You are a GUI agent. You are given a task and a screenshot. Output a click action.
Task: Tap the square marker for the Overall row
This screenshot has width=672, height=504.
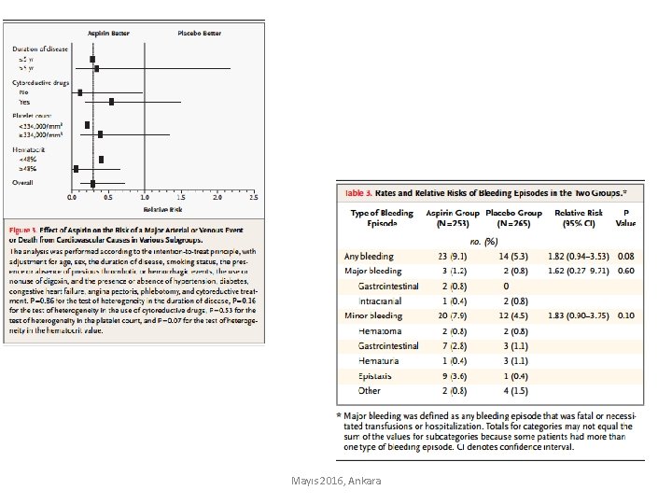pyautogui.click(x=92, y=184)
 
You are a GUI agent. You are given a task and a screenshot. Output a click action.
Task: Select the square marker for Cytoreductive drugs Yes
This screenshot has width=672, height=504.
pyautogui.click(x=112, y=102)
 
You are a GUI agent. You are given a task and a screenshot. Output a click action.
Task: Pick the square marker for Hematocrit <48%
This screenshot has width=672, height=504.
pyautogui.click(x=101, y=160)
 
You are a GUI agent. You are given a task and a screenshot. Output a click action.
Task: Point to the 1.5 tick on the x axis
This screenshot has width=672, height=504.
pyautogui.click(x=180, y=198)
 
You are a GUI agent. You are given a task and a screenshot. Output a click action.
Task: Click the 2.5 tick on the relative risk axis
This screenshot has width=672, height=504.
pyautogui.click(x=253, y=198)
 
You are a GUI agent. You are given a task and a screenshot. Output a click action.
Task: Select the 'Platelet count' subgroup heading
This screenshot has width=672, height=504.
pyautogui.click(x=32, y=116)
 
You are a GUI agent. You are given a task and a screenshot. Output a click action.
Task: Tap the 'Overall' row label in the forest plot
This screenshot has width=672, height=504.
pyautogui.click(x=23, y=183)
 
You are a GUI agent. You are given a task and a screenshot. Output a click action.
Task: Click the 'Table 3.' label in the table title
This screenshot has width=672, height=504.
pyautogui.click(x=359, y=193)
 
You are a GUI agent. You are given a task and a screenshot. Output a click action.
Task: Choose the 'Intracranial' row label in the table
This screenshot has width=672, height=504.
pyautogui.click(x=381, y=301)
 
